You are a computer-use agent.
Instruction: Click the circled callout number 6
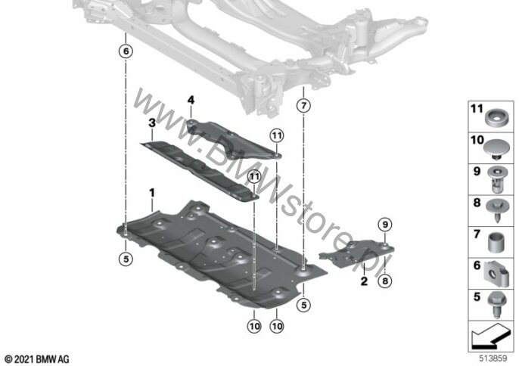(x=126, y=51)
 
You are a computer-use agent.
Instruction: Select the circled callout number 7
(x=303, y=106)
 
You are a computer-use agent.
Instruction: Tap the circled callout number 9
(x=385, y=225)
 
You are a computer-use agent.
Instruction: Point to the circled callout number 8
(x=385, y=281)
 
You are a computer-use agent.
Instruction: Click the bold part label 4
(x=191, y=100)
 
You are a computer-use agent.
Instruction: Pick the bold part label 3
(x=152, y=123)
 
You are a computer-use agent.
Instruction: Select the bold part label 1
(x=152, y=192)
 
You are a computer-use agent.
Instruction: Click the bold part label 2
(x=364, y=281)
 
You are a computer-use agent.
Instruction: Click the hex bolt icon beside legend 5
(x=496, y=305)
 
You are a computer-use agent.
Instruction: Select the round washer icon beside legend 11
(x=497, y=118)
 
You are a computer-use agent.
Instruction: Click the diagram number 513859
(x=493, y=358)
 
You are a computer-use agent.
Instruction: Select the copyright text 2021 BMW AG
(x=36, y=358)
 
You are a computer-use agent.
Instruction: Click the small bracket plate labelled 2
(x=357, y=253)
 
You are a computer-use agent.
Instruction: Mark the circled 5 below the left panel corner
(x=126, y=259)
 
